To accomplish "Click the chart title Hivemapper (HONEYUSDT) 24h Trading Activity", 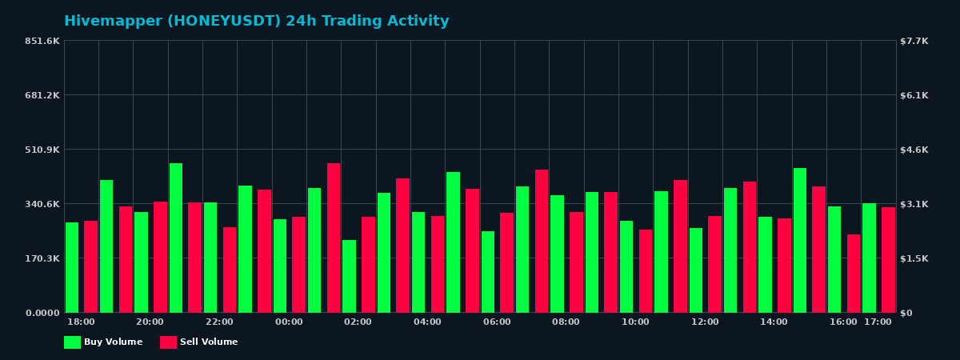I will [x=256, y=22].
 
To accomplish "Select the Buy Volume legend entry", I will [x=103, y=342].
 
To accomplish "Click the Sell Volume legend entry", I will [x=199, y=342].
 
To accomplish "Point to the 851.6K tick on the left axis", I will [x=42, y=41].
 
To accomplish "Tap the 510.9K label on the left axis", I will [x=42, y=150].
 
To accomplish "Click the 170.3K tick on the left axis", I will [x=42, y=258].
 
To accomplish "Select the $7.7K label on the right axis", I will [x=915, y=41].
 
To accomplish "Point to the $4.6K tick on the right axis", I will [x=915, y=150].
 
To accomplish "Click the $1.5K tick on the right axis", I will [x=915, y=258].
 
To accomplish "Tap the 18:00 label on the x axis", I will [x=81, y=322].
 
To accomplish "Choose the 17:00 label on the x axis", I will [x=878, y=322].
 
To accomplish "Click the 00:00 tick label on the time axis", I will [x=289, y=322].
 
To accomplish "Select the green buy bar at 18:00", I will [x=72, y=267].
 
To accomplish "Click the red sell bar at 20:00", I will [x=160, y=257].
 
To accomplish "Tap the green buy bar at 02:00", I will [x=349, y=276].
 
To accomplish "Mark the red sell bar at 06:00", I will [x=506, y=262].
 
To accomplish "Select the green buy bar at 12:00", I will [x=696, y=270].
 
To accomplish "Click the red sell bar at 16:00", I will [x=854, y=274].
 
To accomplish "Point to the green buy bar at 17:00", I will [x=869, y=258].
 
